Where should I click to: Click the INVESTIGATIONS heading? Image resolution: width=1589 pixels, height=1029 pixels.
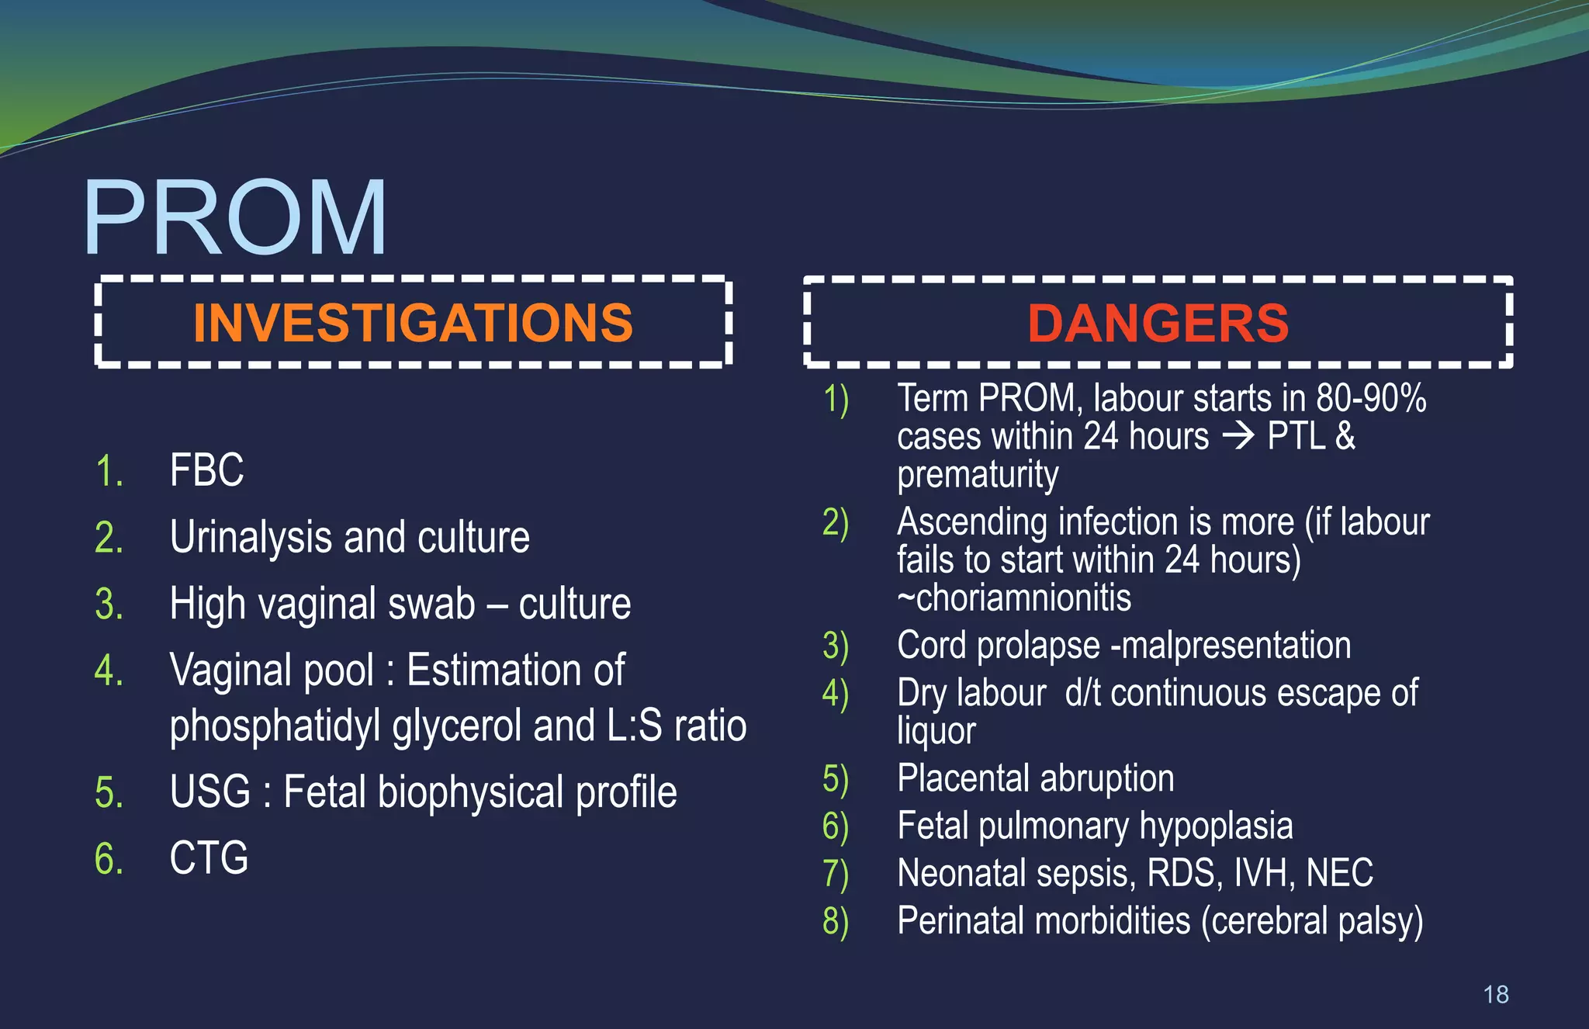click(x=413, y=322)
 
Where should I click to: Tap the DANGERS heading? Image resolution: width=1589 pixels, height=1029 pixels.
click(x=1158, y=323)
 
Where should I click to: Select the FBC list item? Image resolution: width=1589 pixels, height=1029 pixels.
click(x=206, y=470)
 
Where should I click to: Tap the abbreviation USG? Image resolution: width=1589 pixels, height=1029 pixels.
click(x=209, y=792)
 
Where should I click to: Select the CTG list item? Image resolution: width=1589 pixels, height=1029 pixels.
click(x=209, y=858)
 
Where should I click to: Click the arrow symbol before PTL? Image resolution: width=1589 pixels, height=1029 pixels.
click(x=1238, y=436)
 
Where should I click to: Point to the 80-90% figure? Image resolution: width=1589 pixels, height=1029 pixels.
click(x=1371, y=398)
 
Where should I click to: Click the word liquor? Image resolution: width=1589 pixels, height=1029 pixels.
click(x=936, y=732)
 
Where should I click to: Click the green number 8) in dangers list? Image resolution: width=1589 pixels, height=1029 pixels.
click(x=836, y=921)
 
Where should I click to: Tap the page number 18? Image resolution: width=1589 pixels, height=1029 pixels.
click(x=1495, y=994)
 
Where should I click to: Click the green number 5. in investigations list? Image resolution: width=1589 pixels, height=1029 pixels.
click(x=109, y=793)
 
